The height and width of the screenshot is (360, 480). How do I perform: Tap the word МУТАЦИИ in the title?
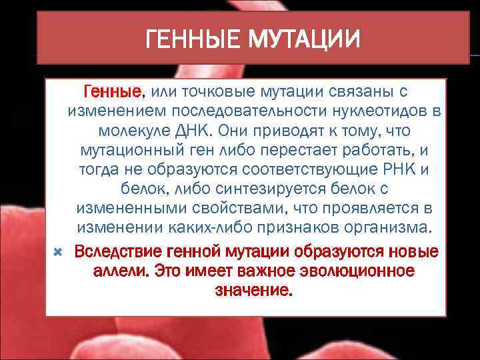tap(303, 39)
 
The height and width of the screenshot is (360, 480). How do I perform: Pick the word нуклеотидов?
tap(394, 110)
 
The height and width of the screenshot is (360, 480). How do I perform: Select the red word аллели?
tap(121, 271)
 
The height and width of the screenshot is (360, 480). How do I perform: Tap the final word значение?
tap(254, 291)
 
